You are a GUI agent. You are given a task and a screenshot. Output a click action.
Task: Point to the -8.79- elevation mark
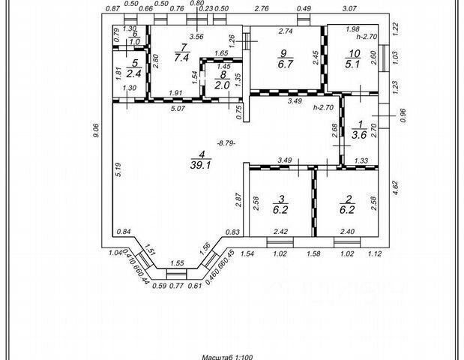tap(225, 142)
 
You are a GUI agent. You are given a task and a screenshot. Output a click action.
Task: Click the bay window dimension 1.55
tap(177, 263)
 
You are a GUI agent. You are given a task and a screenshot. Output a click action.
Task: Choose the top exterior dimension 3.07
tap(349, 8)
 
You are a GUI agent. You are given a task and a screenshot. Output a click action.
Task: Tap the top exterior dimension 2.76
tap(262, 8)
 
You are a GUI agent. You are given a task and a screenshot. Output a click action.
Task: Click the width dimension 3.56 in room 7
tap(197, 36)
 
